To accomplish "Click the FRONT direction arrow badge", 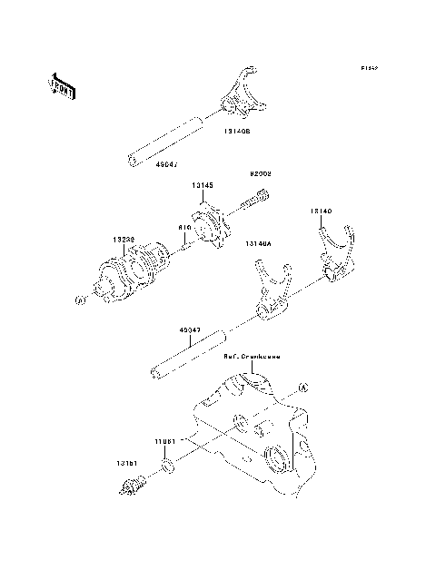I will tap(60, 86).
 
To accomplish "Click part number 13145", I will tap(202, 184).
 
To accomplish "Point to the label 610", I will tap(183, 228).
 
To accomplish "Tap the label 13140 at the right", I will tap(320, 211).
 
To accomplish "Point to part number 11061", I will tap(164, 440).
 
